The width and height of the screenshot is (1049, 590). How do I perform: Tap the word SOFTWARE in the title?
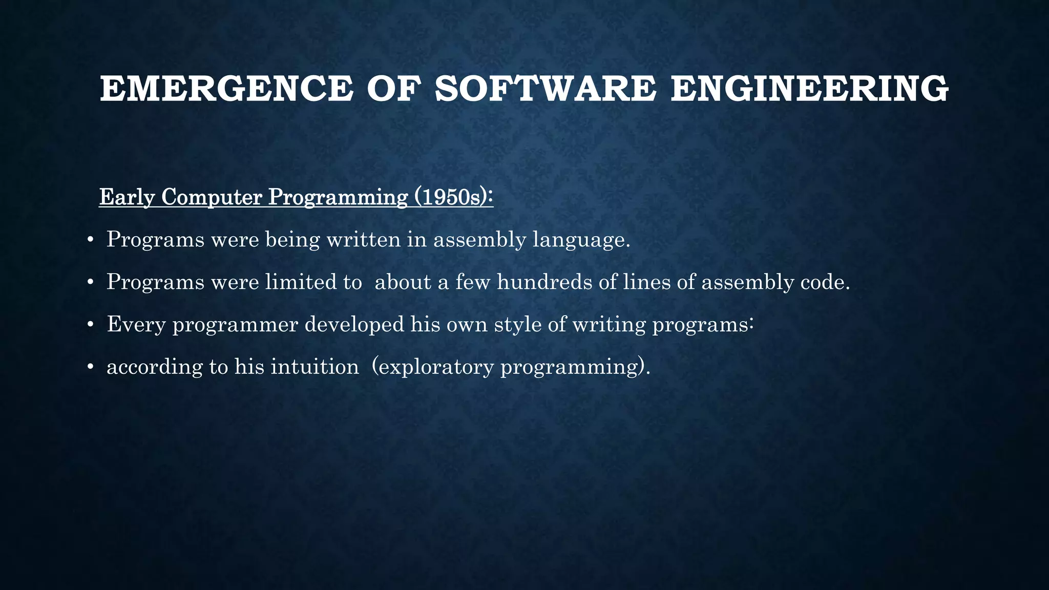pos(545,89)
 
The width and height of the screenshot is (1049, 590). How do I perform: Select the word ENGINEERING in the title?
pos(809,89)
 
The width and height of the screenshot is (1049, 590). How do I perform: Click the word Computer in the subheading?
pos(212,197)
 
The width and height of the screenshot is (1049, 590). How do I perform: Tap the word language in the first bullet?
pos(581,240)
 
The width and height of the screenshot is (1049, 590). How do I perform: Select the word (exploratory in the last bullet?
pos(432,367)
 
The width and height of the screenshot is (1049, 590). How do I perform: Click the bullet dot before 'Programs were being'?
pos(90,240)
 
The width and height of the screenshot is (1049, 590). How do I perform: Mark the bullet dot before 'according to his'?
pos(90,367)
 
